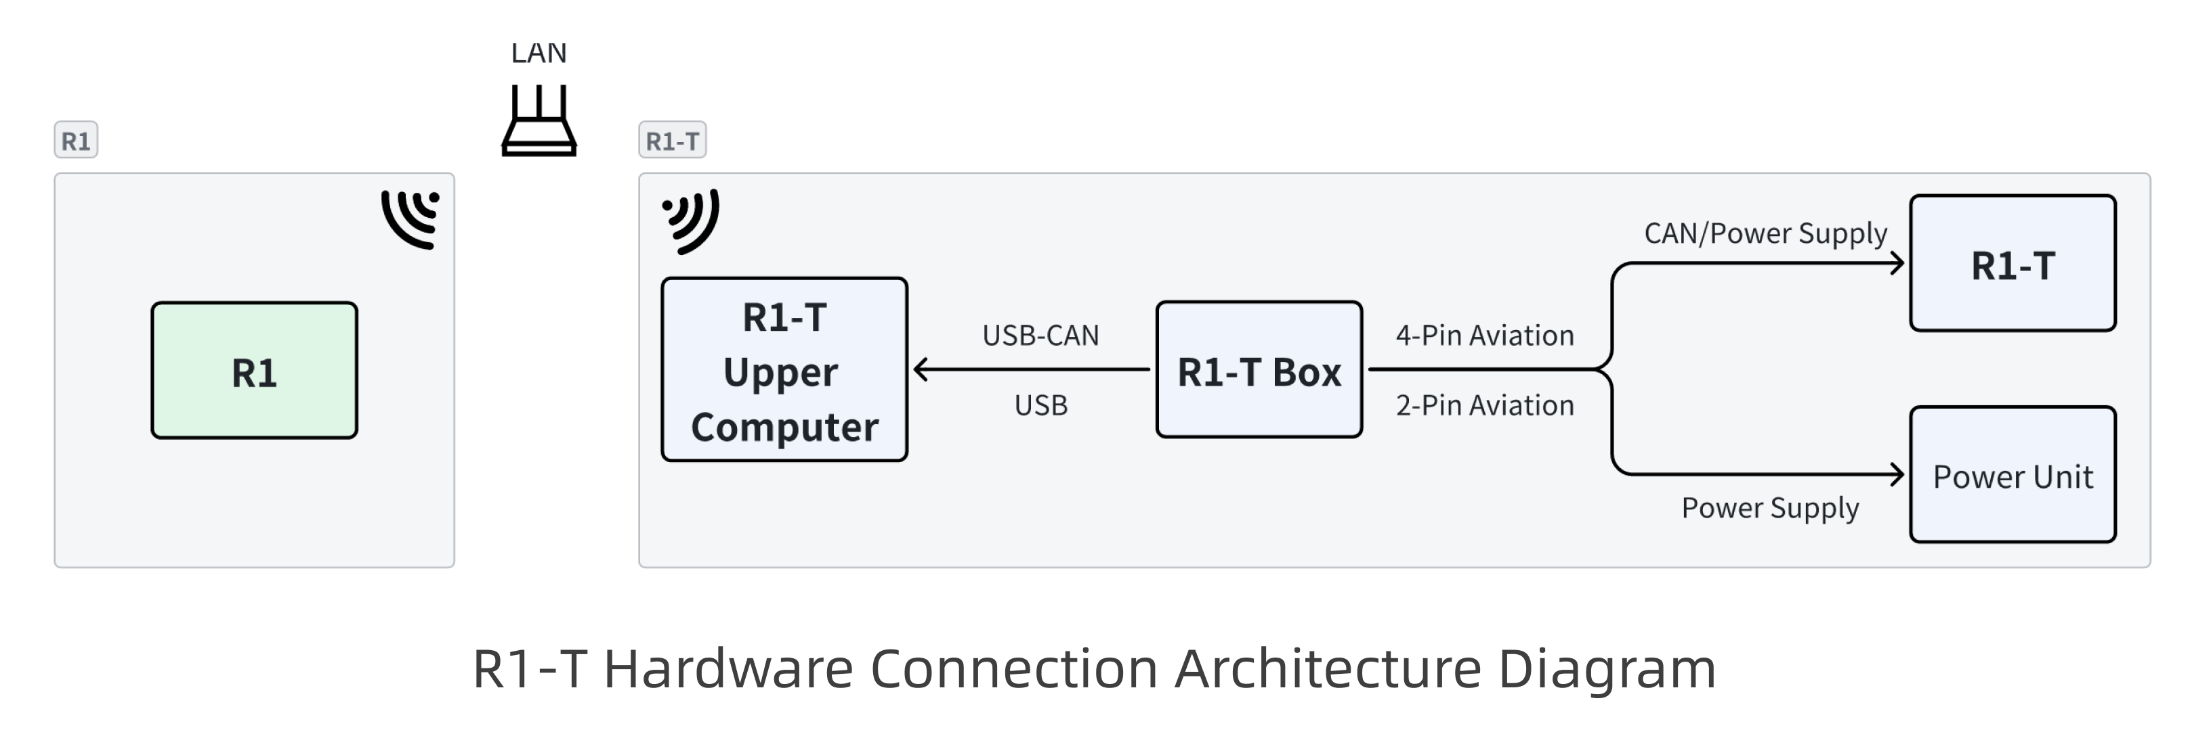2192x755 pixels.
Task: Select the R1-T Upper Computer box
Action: (x=784, y=371)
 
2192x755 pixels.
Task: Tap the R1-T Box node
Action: (x=1259, y=371)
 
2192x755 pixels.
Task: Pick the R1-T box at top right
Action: (x=2012, y=264)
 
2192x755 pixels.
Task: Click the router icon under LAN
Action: (x=539, y=122)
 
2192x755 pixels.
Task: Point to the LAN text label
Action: (x=539, y=53)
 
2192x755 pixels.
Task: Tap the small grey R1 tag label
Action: (x=76, y=140)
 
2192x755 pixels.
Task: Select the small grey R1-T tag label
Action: (x=672, y=140)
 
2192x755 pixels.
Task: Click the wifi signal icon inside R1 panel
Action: (x=412, y=219)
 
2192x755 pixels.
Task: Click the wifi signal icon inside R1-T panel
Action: (x=692, y=221)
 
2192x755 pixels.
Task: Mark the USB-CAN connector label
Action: (x=1040, y=336)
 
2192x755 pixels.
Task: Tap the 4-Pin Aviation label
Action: (x=1484, y=336)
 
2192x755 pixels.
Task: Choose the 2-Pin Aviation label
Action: (x=1484, y=405)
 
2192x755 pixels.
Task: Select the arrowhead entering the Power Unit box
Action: (x=1897, y=474)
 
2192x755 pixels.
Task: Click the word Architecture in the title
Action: (x=1328, y=669)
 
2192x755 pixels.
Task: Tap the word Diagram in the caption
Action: (x=1607, y=669)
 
